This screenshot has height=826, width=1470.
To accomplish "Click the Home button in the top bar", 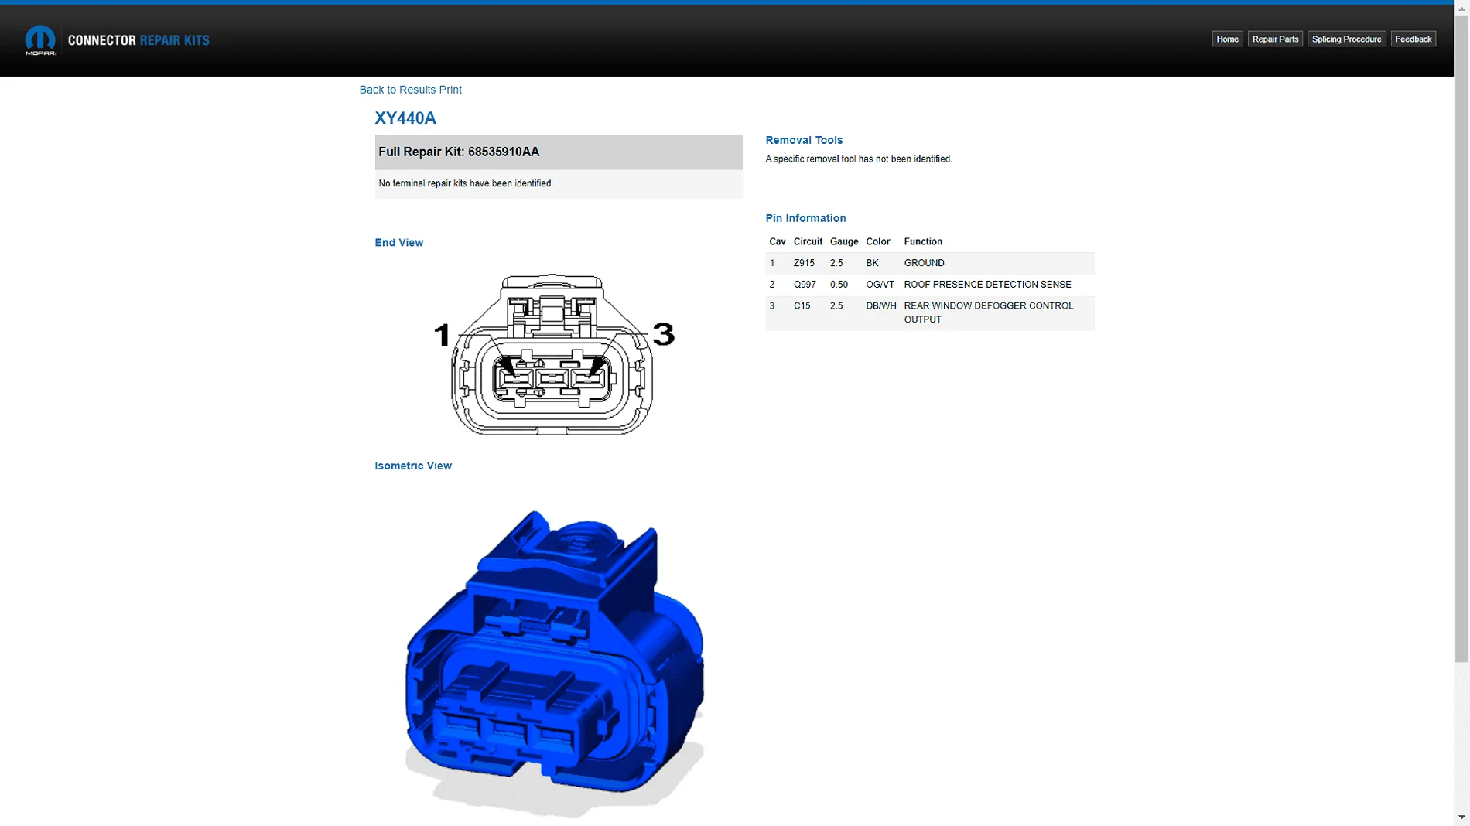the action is click(x=1227, y=39).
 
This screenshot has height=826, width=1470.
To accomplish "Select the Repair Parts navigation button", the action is click(x=1275, y=39).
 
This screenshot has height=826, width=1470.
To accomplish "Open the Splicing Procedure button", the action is click(x=1346, y=39).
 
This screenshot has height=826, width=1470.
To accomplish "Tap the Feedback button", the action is click(x=1414, y=39).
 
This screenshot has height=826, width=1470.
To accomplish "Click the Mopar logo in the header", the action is click(x=40, y=40).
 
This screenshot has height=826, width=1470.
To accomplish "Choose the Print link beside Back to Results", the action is click(x=450, y=90).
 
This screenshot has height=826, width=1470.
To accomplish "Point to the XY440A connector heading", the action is click(x=405, y=118).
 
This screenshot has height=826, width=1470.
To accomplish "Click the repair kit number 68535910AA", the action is click(x=504, y=152).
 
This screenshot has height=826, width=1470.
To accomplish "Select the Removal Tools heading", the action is click(x=804, y=140).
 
